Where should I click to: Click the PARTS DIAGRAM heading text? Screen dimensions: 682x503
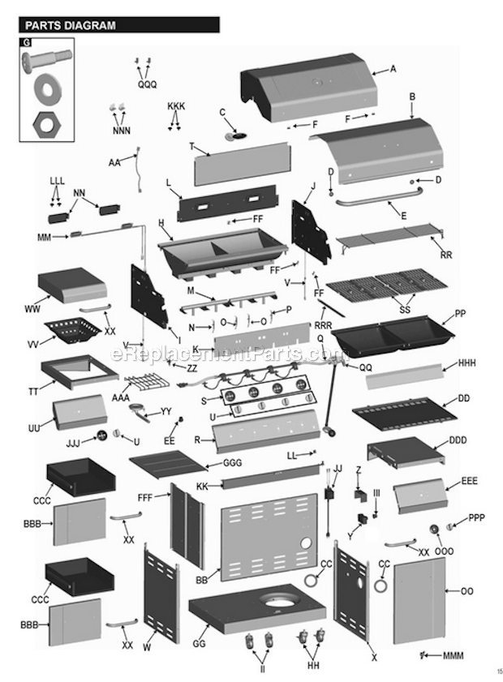pos(71,25)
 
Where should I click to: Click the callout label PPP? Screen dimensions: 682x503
pos(476,517)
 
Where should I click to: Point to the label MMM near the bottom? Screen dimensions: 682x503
pos(454,654)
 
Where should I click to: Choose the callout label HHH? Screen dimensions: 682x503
pos(470,362)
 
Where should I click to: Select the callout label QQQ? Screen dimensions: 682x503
pos(147,84)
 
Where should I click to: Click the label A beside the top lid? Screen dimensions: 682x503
pos(393,69)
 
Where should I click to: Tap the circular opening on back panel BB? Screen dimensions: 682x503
pos(307,544)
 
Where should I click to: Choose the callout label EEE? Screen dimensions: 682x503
pos(469,481)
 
